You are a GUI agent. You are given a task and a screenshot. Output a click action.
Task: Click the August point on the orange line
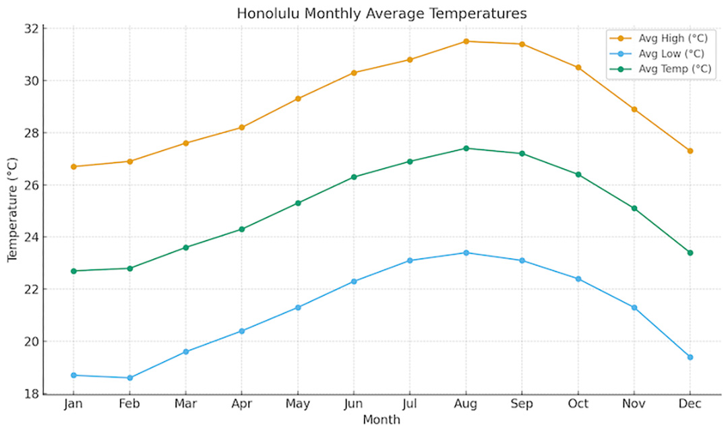click(466, 41)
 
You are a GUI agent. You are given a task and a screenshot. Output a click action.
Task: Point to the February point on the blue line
click(129, 377)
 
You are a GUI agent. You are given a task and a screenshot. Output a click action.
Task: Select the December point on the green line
click(690, 253)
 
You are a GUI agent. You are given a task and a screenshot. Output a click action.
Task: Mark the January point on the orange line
click(73, 166)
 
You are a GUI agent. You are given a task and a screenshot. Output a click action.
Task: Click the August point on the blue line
click(466, 253)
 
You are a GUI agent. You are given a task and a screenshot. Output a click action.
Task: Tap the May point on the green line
click(297, 203)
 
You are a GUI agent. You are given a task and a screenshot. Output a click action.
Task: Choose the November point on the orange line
click(634, 109)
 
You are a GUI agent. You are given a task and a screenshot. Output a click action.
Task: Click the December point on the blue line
click(690, 356)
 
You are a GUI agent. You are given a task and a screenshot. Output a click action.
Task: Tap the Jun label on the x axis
click(353, 404)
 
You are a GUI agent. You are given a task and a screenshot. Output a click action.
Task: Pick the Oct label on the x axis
click(578, 404)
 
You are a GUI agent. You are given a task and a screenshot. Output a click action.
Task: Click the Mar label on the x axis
click(185, 404)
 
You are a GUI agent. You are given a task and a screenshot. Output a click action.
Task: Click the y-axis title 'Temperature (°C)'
click(12, 211)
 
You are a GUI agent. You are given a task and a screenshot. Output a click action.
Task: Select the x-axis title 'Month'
click(382, 420)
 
